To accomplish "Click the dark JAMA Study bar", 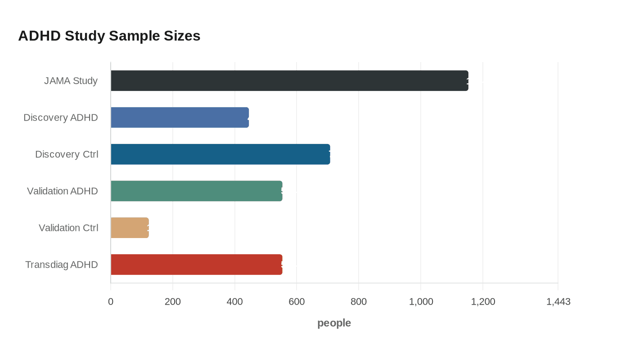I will click(289, 81).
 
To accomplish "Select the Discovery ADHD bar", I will click(180, 117).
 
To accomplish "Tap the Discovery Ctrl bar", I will click(220, 154).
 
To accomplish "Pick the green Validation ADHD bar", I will click(196, 191).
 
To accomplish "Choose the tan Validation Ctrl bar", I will click(130, 228).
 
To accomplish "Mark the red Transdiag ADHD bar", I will click(196, 265).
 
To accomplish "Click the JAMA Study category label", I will click(71, 81).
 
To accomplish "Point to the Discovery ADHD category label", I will click(61, 118).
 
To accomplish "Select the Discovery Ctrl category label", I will click(67, 154).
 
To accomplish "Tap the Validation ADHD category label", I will click(63, 191).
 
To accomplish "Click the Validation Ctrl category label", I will click(68, 228).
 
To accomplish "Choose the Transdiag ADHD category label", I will click(62, 265).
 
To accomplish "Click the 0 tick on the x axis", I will click(111, 301).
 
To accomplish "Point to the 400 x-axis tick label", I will click(235, 301).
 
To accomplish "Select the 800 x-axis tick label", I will click(359, 301).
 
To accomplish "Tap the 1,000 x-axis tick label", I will click(421, 301).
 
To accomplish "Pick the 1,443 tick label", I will click(558, 301).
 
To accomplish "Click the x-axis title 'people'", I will click(334, 323).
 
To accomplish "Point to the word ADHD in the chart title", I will click(39, 36).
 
